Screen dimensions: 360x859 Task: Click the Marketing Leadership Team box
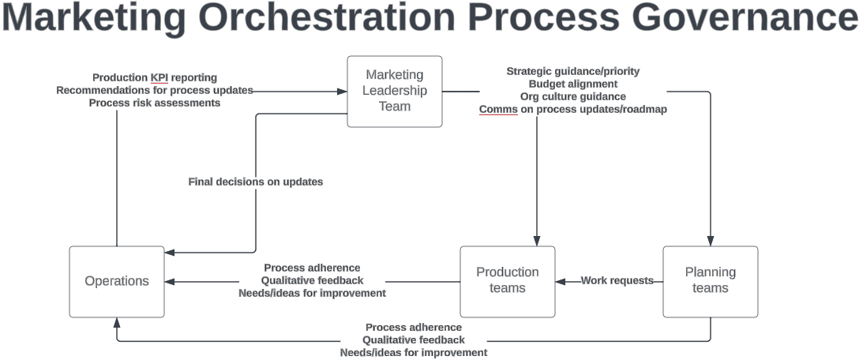(395, 91)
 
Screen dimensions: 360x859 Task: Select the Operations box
(117, 281)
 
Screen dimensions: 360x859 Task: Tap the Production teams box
(507, 280)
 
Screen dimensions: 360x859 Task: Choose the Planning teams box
(710, 280)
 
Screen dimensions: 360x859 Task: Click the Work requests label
(617, 280)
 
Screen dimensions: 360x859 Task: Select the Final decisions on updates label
(255, 182)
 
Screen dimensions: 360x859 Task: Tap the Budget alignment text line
(572, 84)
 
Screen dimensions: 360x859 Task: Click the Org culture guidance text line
(572, 96)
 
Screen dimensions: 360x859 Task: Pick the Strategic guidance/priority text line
(572, 71)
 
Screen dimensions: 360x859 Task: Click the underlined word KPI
(159, 77)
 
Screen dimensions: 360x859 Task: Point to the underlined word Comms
(498, 109)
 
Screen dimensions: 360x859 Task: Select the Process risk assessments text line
(155, 103)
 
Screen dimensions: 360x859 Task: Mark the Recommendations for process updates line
(155, 90)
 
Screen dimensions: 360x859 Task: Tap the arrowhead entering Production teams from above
(537, 241)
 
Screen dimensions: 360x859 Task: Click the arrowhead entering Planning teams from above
(710, 241)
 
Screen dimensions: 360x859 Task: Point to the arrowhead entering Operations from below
(117, 322)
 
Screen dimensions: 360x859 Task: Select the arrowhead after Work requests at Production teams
(561, 280)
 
